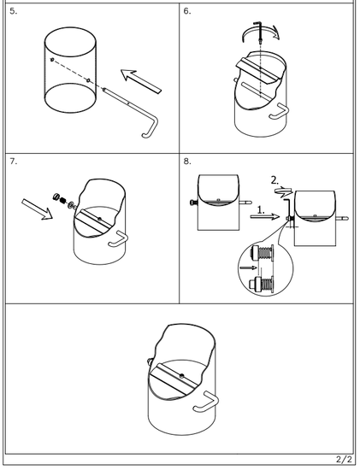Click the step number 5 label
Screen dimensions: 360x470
(13, 11)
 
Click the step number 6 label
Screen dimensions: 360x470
(187, 11)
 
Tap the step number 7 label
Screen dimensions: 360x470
(13, 162)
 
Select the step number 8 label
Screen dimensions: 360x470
(187, 162)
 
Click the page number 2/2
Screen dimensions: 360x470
(344, 459)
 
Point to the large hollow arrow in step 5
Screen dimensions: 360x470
(141, 81)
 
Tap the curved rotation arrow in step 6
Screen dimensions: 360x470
(261, 32)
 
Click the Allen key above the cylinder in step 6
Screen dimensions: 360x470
(259, 32)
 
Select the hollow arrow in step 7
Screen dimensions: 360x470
(38, 209)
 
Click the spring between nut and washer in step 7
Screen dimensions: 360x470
(63, 201)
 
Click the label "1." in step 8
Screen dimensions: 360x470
(262, 210)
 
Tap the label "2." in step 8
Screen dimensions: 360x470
(274, 180)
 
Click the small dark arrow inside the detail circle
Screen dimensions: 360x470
(249, 267)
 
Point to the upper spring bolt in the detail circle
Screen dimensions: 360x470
(262, 254)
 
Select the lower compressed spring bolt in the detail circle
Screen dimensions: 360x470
(262, 285)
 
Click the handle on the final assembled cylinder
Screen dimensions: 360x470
(207, 402)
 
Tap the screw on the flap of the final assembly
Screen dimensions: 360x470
(181, 375)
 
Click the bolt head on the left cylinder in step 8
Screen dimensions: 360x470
(193, 203)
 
